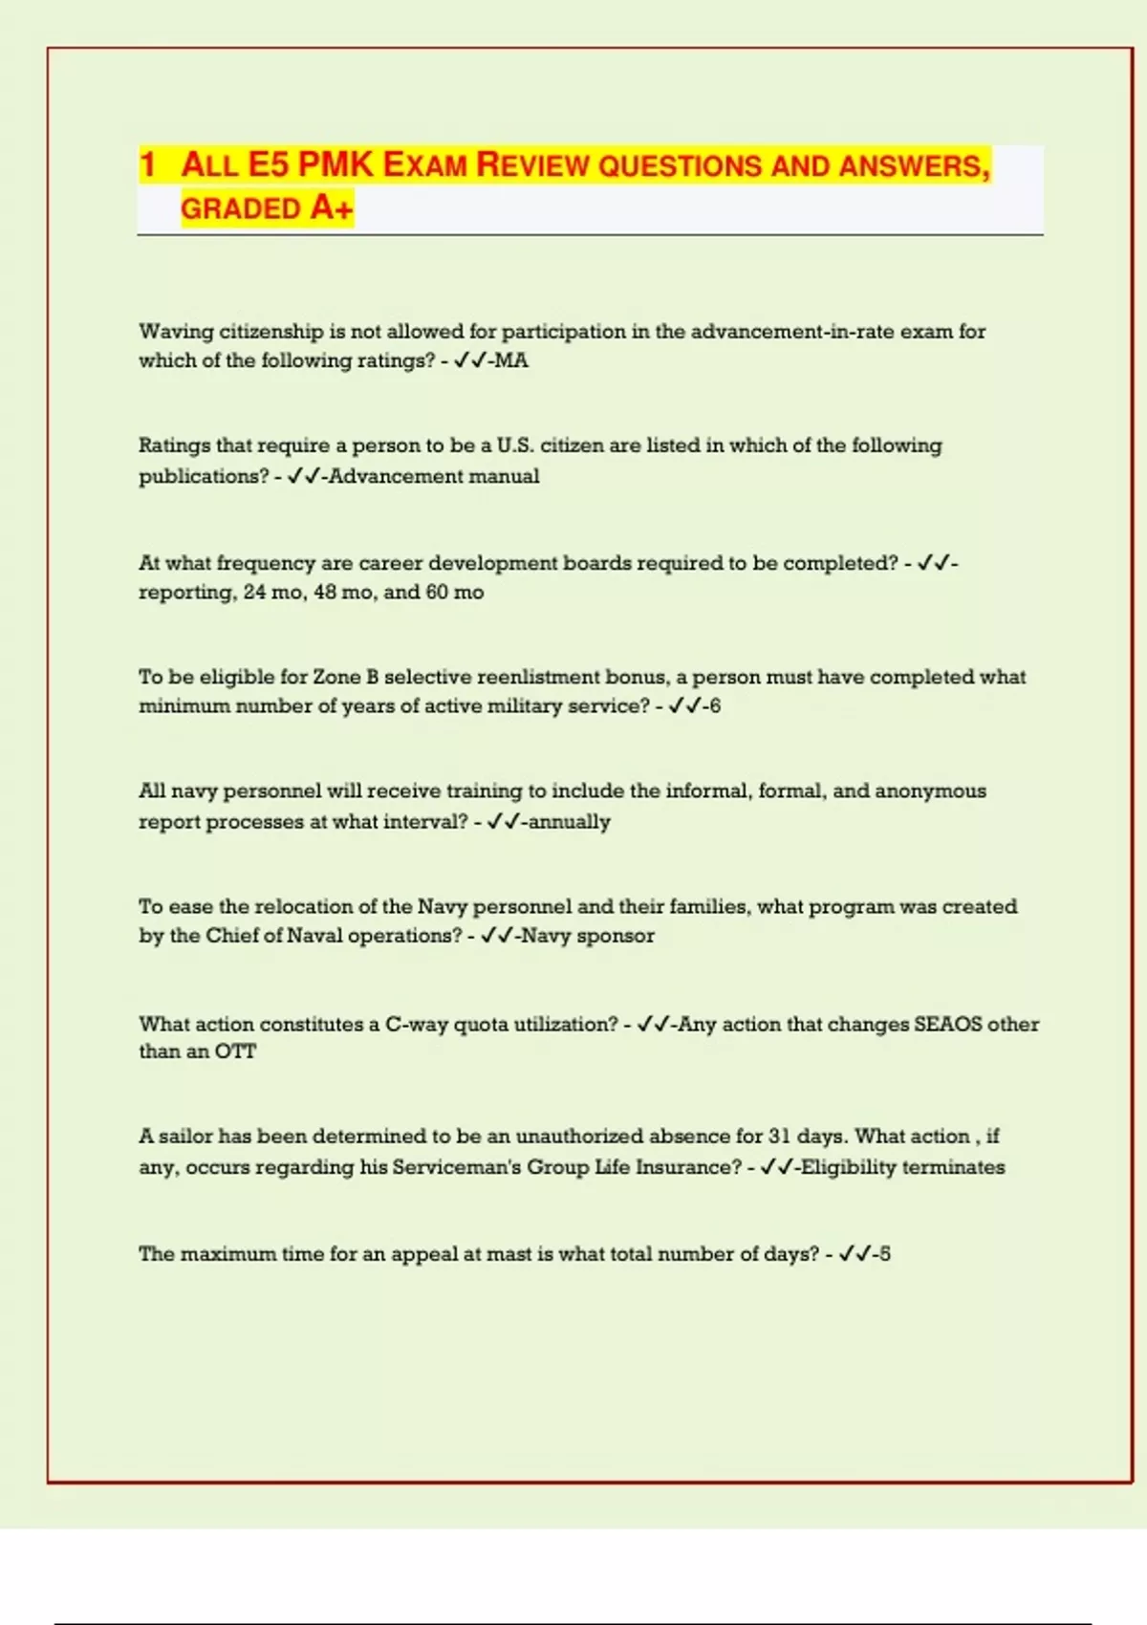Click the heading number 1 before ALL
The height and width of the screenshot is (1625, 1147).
pyautogui.click(x=147, y=164)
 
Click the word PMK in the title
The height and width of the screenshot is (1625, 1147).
pyautogui.click(x=335, y=164)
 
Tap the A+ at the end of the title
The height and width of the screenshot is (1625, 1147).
pyautogui.click(x=332, y=207)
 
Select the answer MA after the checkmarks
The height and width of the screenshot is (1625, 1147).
pyautogui.click(x=511, y=360)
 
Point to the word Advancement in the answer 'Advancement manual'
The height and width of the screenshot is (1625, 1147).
pyautogui.click(x=379, y=476)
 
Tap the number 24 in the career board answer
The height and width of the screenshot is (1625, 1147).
pyautogui.click(x=254, y=592)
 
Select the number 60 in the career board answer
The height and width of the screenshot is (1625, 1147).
pyautogui.click(x=437, y=592)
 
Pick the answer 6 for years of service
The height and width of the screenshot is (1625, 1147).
pyautogui.click(x=715, y=706)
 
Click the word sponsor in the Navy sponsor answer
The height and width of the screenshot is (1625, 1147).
pyautogui.click(x=616, y=936)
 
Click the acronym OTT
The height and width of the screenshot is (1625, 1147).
pyautogui.click(x=235, y=1051)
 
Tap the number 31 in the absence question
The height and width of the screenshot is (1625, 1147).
pyautogui.click(x=779, y=1137)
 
